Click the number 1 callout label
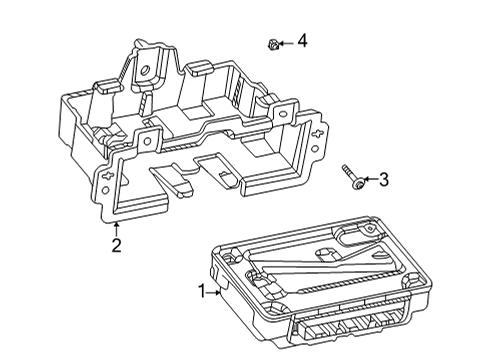point(205,292)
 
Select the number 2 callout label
point(116,245)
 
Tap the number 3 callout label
point(381,180)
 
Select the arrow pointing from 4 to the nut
point(285,42)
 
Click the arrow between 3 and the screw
point(368,180)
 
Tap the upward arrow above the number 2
point(116,228)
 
